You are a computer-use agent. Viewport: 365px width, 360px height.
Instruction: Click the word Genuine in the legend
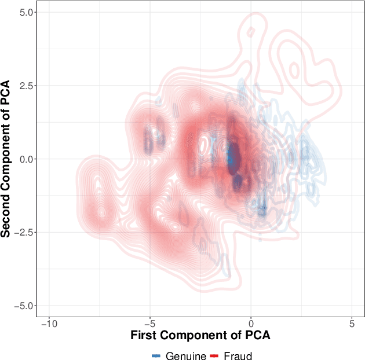point(186,356)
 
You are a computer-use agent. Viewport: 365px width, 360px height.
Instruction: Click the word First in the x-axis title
point(143,336)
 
